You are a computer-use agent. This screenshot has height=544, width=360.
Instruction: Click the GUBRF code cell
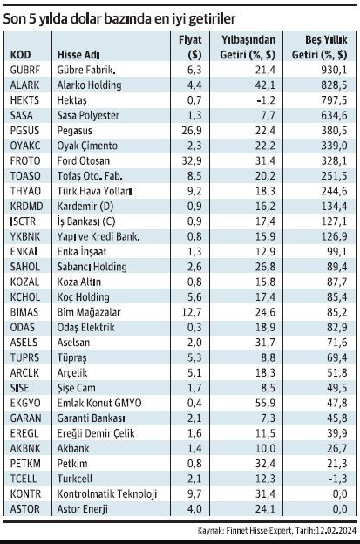(25, 70)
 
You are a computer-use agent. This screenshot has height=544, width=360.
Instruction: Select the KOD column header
(20, 55)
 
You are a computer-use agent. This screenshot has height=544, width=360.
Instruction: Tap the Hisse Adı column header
(78, 55)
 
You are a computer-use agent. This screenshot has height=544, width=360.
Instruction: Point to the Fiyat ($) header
(190, 47)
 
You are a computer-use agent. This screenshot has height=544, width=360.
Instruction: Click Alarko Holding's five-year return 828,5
(334, 85)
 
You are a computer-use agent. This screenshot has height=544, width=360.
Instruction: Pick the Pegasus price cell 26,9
(192, 131)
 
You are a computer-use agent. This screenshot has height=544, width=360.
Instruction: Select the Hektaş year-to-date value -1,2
(266, 100)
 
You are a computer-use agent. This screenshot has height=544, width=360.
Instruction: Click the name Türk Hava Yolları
(94, 191)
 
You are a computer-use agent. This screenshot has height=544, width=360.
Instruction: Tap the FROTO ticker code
(25, 161)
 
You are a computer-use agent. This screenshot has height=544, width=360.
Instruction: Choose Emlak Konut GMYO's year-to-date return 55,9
(265, 403)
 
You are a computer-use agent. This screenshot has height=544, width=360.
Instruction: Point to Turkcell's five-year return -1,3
(337, 479)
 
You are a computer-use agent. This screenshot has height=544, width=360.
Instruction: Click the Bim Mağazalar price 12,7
(192, 312)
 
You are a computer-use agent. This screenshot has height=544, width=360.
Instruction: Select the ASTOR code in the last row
(25, 509)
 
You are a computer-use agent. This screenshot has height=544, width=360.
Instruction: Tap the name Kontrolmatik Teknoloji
(107, 493)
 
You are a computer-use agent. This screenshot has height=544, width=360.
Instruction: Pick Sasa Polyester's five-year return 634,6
(334, 116)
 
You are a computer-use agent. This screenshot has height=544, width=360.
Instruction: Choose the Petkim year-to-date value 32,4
(265, 464)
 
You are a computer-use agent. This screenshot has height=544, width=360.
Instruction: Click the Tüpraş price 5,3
(194, 357)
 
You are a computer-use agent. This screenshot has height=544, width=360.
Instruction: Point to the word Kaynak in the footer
(210, 530)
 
